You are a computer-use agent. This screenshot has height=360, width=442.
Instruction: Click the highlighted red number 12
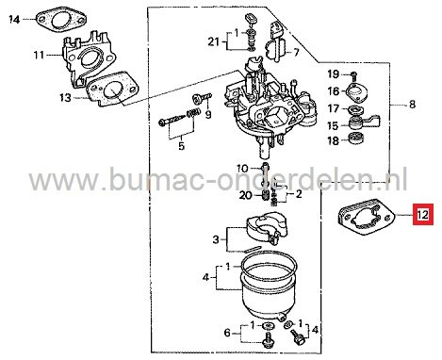pyautogui.click(x=422, y=216)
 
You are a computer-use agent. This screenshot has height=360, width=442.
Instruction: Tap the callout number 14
pyautogui.click(x=12, y=16)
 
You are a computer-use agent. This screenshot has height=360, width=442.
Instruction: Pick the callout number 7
pyautogui.click(x=297, y=52)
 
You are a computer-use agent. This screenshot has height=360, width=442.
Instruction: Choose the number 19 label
pyautogui.click(x=333, y=74)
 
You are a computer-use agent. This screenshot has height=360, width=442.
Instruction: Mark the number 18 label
pyautogui.click(x=333, y=140)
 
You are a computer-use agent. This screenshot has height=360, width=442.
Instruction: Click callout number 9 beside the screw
pyautogui.click(x=210, y=114)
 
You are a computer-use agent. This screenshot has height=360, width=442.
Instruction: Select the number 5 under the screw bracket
pyautogui.click(x=182, y=146)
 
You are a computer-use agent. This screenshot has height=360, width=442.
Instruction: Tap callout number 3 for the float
pyautogui.click(x=215, y=237)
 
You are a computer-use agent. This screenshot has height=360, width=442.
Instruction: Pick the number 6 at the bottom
pyautogui.click(x=228, y=332)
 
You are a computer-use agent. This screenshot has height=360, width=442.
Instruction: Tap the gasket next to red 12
pyautogui.click(x=366, y=218)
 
